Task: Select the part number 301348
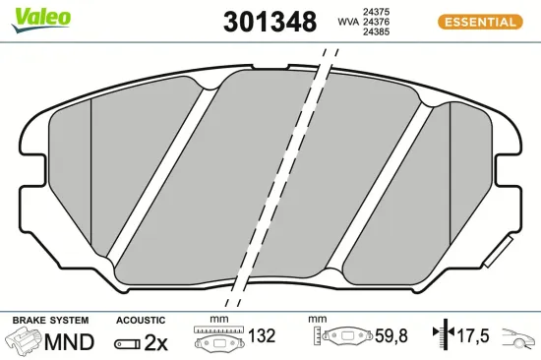coord(270,21)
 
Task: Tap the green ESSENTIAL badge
coord(476,21)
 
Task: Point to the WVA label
coord(347,21)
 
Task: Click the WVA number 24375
coord(375,10)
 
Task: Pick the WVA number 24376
coord(375,21)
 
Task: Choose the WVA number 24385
coord(375,31)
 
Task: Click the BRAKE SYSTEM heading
coord(49,321)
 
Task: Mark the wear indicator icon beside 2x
coord(128,343)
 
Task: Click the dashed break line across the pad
coord(285,177)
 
